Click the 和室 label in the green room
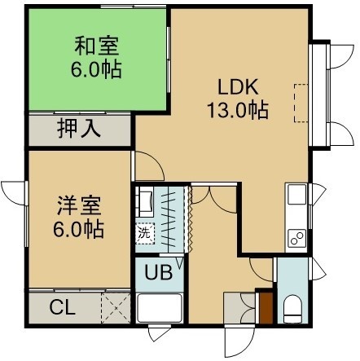(97, 46)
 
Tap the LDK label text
(238, 86)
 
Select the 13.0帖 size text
(238, 110)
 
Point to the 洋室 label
(79, 205)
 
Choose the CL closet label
(62, 308)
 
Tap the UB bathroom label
(159, 272)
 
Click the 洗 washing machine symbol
(145, 233)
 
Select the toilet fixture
(292, 309)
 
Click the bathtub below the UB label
(160, 308)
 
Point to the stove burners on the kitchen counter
(297, 238)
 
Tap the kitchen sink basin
(297, 195)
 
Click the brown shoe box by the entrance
(266, 308)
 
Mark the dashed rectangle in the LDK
(301, 103)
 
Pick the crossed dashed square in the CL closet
(116, 308)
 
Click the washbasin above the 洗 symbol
(145, 201)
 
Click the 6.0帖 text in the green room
(96, 70)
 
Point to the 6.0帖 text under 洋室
(78, 230)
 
